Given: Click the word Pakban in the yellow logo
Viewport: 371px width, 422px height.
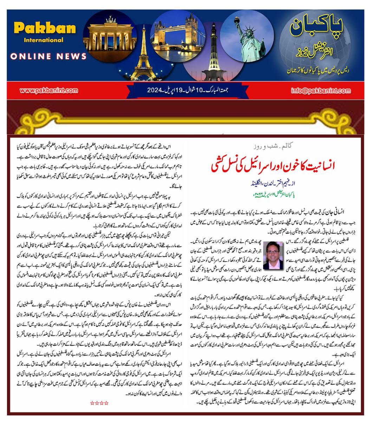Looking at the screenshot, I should click(x=45, y=28).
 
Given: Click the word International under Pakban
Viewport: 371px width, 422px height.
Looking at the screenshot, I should click(x=44, y=40).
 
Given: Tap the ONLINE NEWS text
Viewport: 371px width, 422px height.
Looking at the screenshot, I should click(x=48, y=56).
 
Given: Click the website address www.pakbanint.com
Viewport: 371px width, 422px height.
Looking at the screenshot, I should click(x=49, y=90).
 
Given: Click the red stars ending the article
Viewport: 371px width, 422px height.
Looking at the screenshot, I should click(x=99, y=403).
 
